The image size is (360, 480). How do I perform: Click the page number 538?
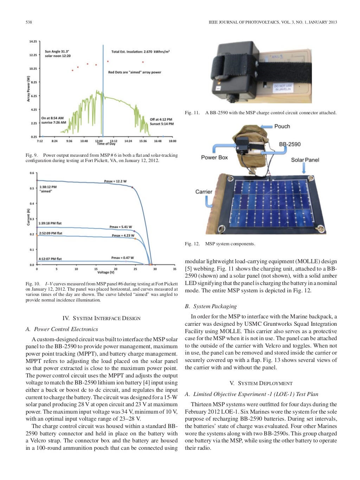point(29,22)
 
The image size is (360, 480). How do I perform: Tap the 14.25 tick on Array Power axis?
point(33,41)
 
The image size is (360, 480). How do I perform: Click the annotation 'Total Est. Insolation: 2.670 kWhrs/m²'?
point(140,52)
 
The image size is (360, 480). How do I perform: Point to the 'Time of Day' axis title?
point(106,144)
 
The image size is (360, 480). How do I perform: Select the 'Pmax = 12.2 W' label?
point(115,181)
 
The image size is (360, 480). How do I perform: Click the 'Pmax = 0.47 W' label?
point(122,258)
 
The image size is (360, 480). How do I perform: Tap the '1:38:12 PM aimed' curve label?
point(48,189)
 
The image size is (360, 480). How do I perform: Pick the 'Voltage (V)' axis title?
point(106,272)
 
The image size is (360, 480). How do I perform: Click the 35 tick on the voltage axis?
point(175,269)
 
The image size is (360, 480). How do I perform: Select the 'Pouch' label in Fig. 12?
point(282,127)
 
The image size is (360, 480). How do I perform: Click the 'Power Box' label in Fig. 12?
point(214,157)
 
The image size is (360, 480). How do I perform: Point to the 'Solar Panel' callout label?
point(305,160)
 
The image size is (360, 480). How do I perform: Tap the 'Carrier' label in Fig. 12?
point(204,192)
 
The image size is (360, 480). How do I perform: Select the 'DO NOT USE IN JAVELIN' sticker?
point(283,87)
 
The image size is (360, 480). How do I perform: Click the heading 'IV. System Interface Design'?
point(101,318)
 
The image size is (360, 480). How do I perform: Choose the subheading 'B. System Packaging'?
point(211,306)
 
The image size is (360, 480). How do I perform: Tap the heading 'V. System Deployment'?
point(261,383)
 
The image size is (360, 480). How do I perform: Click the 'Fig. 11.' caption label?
point(192,113)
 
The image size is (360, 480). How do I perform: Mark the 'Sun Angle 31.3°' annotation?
point(57,51)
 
